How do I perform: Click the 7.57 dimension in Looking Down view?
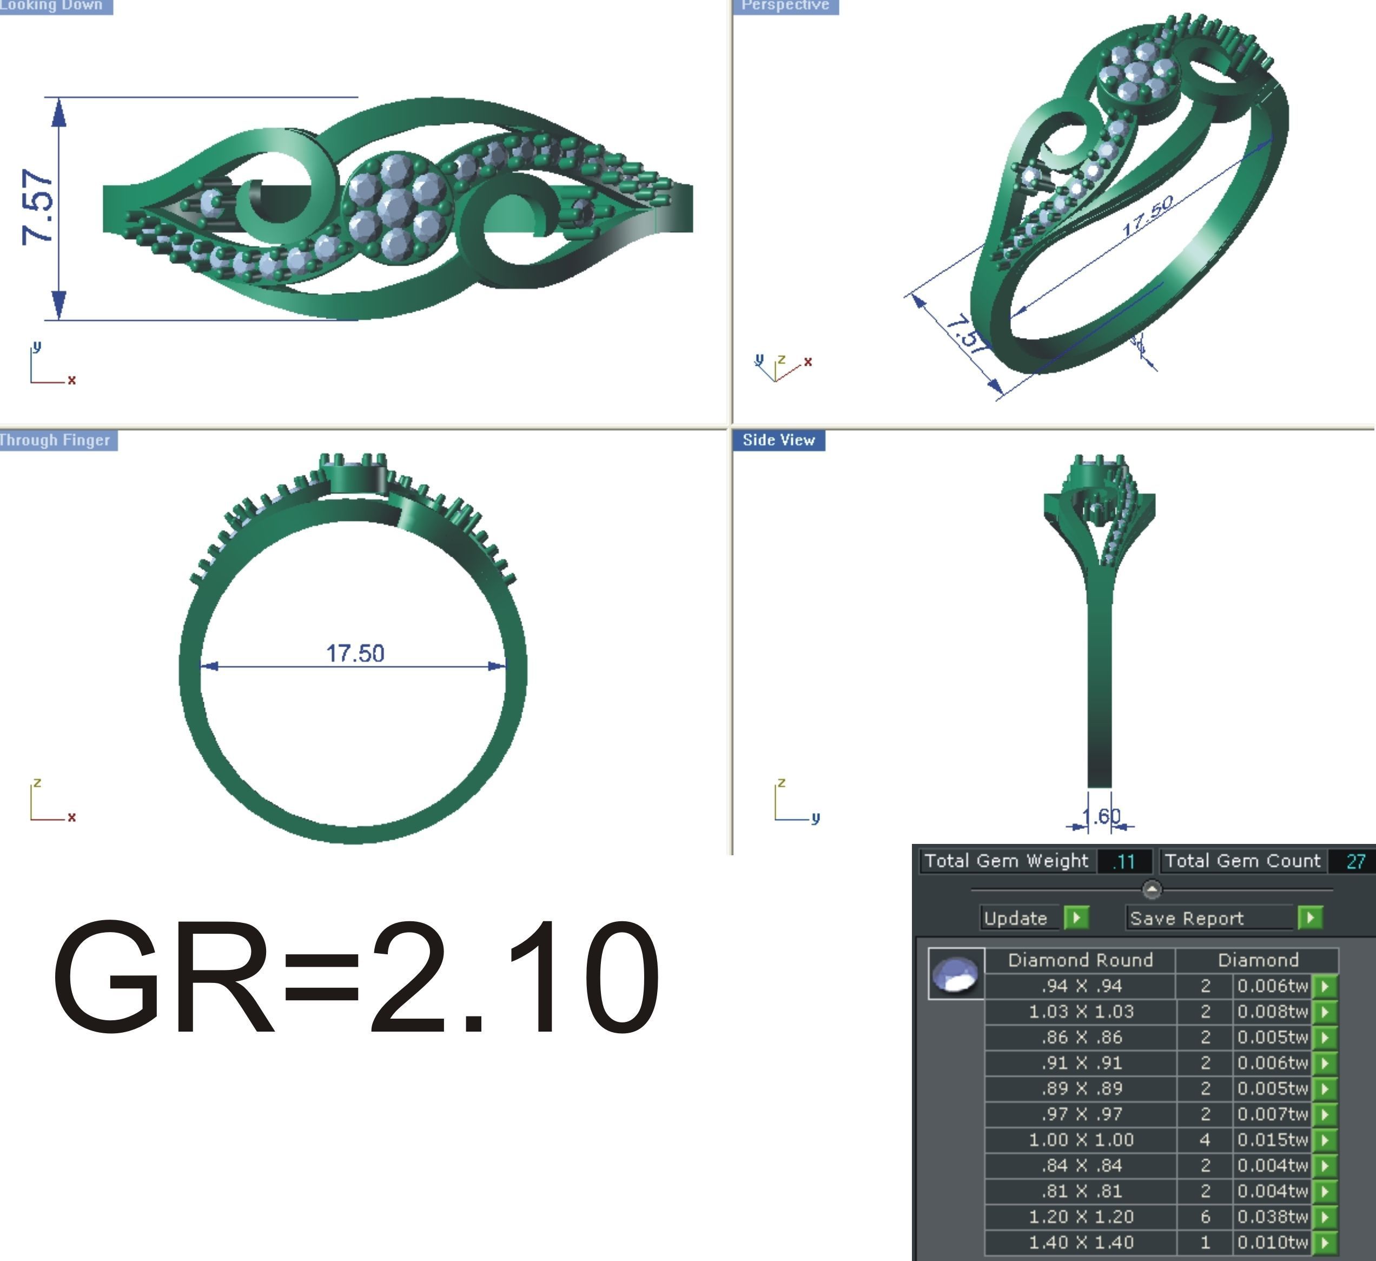[x=37, y=207]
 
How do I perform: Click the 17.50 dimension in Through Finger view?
[x=355, y=653]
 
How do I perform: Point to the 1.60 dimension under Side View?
[x=1101, y=816]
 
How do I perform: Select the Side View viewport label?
[x=778, y=440]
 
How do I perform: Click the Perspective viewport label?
[x=785, y=5]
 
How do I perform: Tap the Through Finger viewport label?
[x=56, y=440]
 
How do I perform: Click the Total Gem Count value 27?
[x=1355, y=861]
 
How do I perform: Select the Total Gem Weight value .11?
[x=1123, y=861]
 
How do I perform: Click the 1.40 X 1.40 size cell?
[x=1081, y=1242]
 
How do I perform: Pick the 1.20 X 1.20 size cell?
[x=1081, y=1216]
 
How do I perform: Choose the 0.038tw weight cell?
[x=1272, y=1216]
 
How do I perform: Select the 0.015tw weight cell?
[x=1272, y=1139]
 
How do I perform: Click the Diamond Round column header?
[x=1081, y=960]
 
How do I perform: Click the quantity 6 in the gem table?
[x=1205, y=1216]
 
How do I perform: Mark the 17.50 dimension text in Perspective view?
[x=1148, y=216]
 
